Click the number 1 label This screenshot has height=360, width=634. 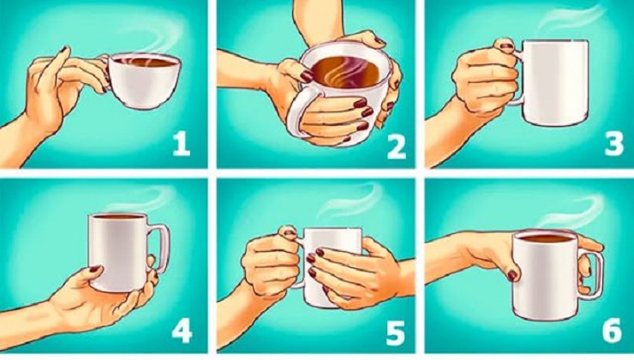click(181, 144)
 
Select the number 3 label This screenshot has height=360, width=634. click(613, 144)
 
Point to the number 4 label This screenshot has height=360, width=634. click(182, 331)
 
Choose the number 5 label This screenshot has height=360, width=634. click(395, 333)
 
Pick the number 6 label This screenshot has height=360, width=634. click(612, 331)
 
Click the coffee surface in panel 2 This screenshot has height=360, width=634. click(346, 72)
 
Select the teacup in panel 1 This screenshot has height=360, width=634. click(142, 81)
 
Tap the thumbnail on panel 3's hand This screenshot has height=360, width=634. click(506, 45)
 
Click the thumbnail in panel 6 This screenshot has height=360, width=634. click(512, 275)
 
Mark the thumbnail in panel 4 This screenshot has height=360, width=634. click(94, 268)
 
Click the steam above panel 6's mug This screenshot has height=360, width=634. click(570, 210)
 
